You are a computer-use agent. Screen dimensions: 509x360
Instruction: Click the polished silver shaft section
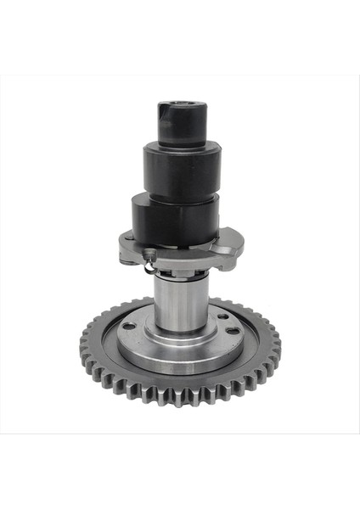[179, 305]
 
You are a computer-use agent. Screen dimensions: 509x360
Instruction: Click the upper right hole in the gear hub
[222, 316]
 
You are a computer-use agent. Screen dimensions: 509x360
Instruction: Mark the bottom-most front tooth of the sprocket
[180, 399]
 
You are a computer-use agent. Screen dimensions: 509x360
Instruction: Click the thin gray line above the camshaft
[180, 76]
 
